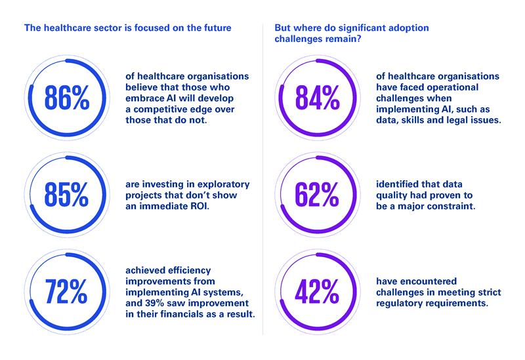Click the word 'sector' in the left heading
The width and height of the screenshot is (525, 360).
point(102,28)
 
